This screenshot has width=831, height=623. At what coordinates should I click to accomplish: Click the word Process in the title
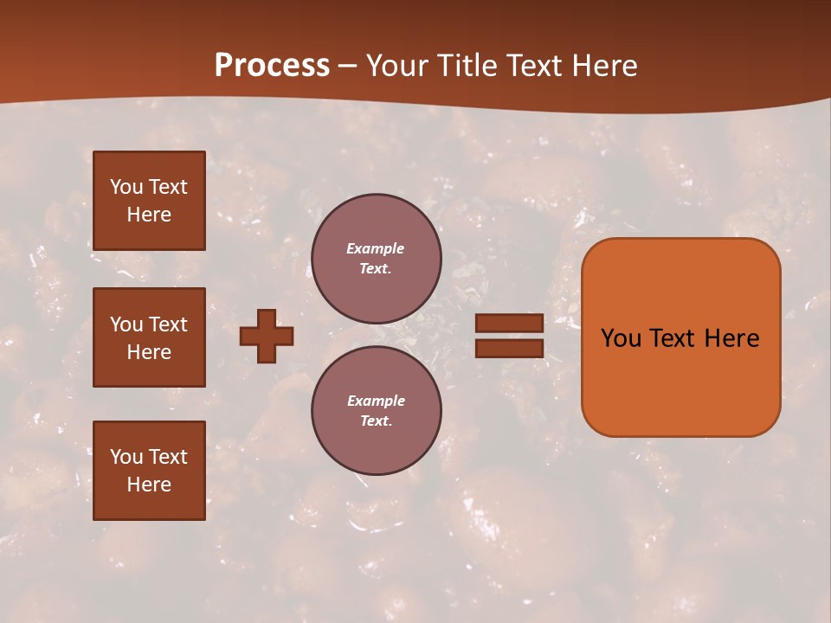[272, 66]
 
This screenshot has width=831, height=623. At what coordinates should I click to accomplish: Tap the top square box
[149, 201]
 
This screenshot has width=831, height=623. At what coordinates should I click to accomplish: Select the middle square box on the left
[149, 337]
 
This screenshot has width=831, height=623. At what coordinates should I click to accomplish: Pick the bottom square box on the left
[149, 470]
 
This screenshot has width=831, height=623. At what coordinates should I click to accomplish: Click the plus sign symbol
[267, 336]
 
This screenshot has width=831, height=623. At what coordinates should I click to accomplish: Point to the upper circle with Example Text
[376, 259]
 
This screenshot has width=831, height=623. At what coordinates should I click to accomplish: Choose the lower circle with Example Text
[376, 410]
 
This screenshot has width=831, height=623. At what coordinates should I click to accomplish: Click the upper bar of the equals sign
[509, 324]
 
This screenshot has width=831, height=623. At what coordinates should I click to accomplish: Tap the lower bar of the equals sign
[509, 348]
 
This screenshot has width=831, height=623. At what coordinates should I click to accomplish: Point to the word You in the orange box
[621, 338]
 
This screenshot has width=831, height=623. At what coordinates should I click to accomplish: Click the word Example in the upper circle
[376, 248]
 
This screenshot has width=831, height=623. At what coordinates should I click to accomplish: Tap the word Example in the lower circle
[376, 401]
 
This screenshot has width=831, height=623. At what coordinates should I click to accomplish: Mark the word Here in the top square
[149, 215]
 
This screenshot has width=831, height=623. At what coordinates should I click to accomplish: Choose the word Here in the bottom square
[149, 485]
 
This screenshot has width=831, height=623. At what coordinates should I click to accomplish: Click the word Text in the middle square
[168, 324]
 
